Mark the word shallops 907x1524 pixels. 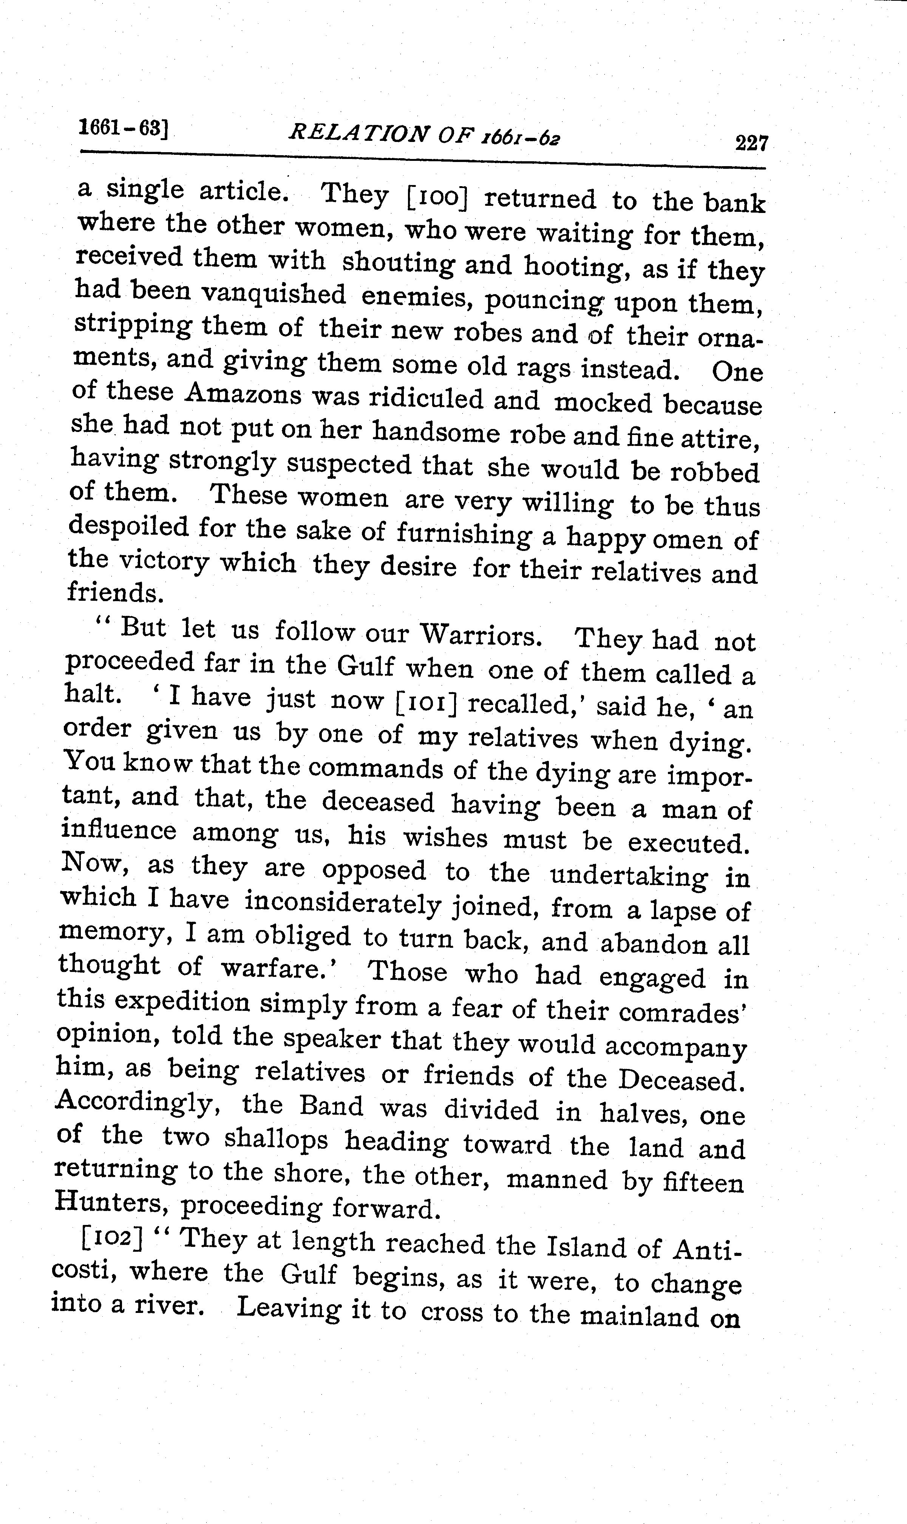click(276, 1140)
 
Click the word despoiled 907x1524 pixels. click(128, 526)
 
